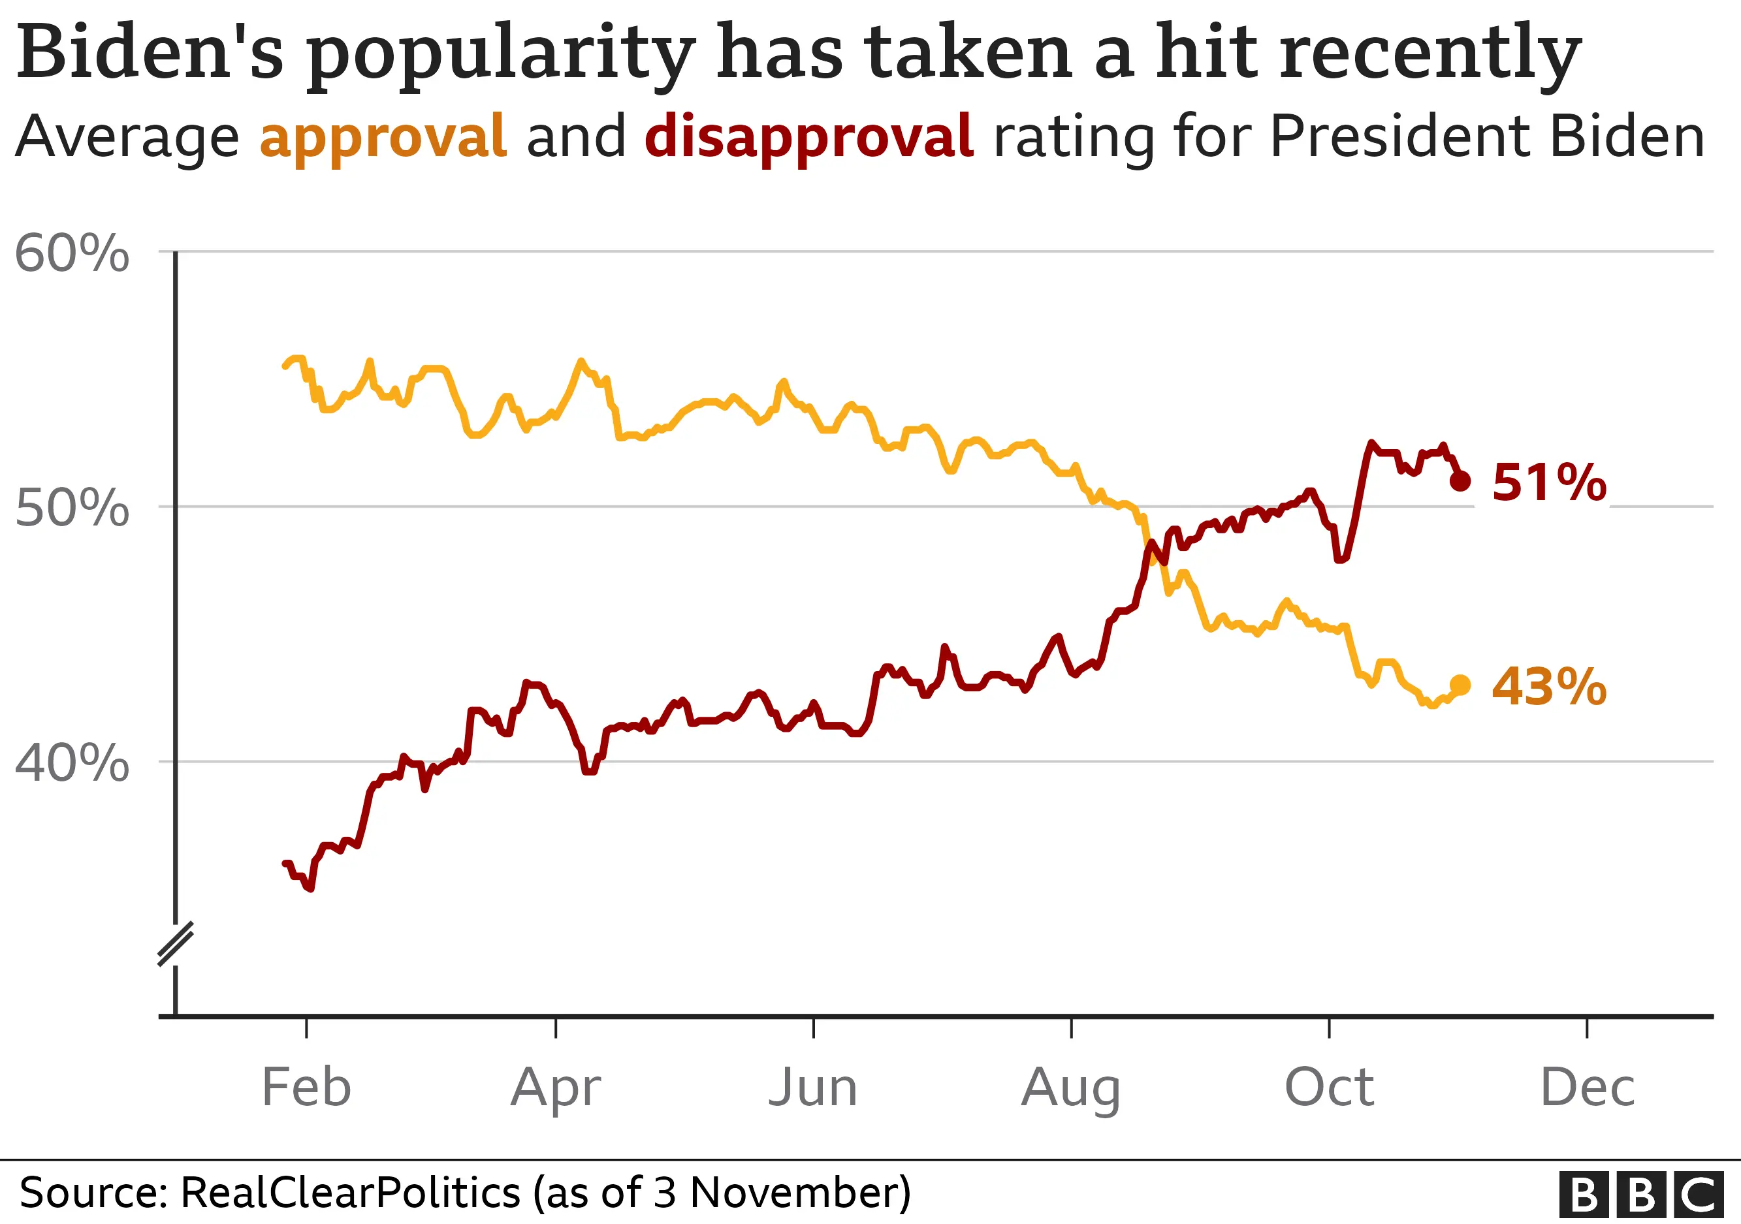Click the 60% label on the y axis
(71, 253)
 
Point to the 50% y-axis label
(71, 508)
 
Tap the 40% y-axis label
(71, 762)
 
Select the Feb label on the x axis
(306, 1088)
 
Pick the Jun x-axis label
(813, 1088)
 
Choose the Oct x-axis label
(1329, 1088)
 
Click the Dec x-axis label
(1588, 1088)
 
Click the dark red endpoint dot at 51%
(1460, 480)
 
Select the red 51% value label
(1548, 483)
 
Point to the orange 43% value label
(1548, 687)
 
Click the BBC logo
(1640, 1195)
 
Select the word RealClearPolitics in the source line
(350, 1193)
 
